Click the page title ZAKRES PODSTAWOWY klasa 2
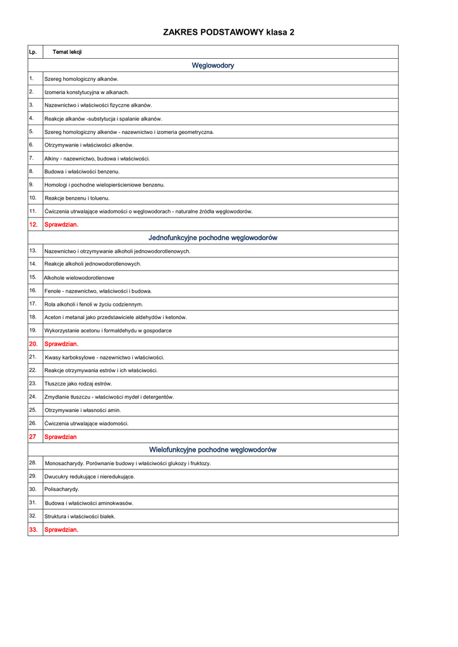click(229, 32)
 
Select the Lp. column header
click(32, 52)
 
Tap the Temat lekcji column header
click(67, 52)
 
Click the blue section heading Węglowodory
click(213, 65)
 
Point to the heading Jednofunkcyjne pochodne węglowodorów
click(213, 238)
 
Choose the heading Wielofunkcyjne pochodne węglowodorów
click(213, 450)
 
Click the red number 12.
click(33, 224)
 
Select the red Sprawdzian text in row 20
click(61, 344)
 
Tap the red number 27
click(32, 437)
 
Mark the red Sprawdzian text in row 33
click(61, 529)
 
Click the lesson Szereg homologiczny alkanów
click(81, 79)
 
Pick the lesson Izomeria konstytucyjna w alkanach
click(87, 92)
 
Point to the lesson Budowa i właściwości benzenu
click(81, 171)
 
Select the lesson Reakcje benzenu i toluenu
click(76, 198)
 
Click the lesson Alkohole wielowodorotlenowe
click(79, 277)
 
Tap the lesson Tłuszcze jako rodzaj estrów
click(78, 384)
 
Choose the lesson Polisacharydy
click(62, 489)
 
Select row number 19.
click(33, 330)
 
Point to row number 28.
click(33, 463)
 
